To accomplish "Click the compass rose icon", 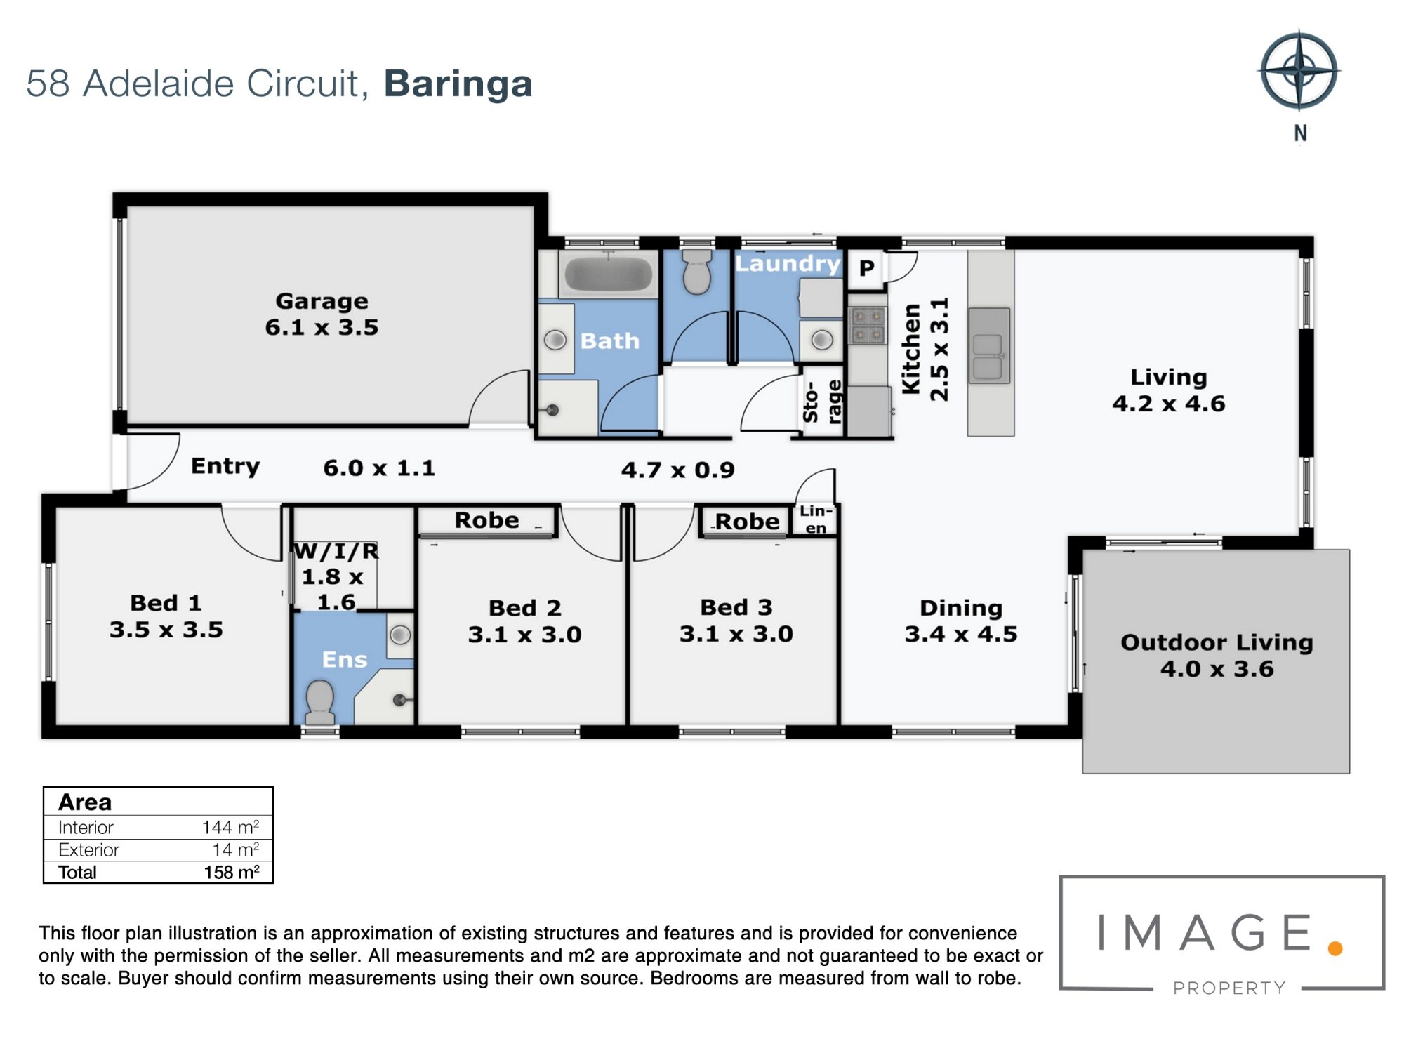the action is click(1299, 71).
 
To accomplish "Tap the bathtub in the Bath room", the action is click(609, 274).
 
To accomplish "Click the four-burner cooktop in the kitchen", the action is click(868, 325).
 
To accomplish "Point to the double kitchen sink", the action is click(989, 345).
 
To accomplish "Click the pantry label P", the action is click(867, 267).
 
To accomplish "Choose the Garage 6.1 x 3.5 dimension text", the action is click(322, 327).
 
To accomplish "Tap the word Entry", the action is click(225, 466).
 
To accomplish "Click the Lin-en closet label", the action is click(816, 519).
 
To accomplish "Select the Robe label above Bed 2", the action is click(486, 520).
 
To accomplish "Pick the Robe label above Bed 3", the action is click(747, 522).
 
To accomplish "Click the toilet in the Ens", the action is click(320, 702).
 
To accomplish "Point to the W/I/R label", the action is click(336, 551).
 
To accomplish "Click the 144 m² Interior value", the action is click(230, 827).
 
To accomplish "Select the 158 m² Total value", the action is click(232, 872).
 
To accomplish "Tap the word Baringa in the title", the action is click(458, 84).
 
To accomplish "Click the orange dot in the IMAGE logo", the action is click(1335, 949).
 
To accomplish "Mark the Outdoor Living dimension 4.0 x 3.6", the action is click(1217, 669).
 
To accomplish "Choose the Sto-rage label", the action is click(821, 402).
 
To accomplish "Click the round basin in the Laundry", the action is click(822, 340).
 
